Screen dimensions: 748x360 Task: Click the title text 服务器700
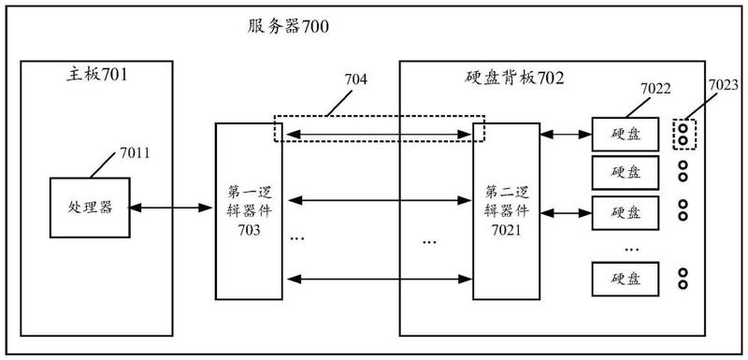[288, 27]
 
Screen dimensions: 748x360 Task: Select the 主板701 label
[97, 75]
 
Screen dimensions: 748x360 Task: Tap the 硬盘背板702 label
[513, 78]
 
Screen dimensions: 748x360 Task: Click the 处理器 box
[90, 208]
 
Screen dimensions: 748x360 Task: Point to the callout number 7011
[135, 153]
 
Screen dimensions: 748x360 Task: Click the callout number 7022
[655, 88]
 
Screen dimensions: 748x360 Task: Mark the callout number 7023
[723, 85]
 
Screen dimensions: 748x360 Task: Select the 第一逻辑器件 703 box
[249, 211]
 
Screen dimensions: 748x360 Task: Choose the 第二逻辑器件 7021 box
[506, 211]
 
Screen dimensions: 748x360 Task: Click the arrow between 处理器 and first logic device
[170, 208]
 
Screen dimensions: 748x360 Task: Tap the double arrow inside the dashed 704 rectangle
[378, 135]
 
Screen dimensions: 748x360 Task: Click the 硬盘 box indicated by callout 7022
[625, 135]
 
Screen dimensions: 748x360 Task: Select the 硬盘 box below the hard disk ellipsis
[625, 279]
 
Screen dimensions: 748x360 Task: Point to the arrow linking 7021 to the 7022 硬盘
[566, 135]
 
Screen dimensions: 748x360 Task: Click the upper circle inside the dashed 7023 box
[683, 129]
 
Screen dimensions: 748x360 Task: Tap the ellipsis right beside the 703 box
[297, 238]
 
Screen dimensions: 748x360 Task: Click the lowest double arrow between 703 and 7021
[378, 279]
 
